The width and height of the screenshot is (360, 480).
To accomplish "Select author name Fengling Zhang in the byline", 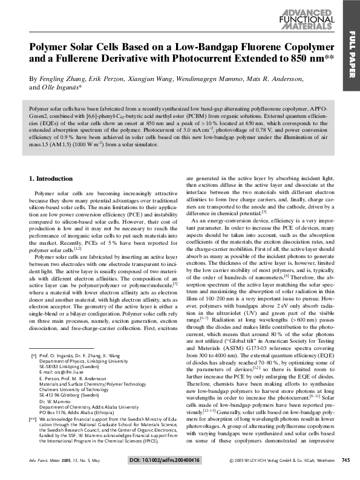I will click(60, 79).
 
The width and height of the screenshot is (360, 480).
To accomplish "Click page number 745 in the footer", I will click(345, 460).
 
